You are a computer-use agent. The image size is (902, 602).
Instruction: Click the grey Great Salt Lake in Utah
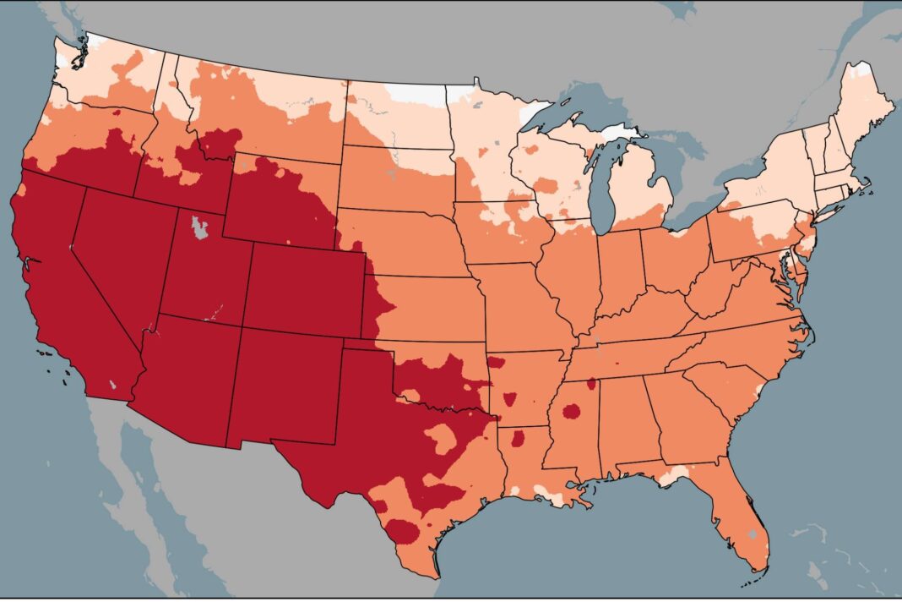point(198,227)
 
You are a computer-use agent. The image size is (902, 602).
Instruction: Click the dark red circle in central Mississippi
point(572,412)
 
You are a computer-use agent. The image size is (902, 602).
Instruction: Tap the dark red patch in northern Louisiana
point(517,438)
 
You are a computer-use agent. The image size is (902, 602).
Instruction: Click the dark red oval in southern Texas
point(403,532)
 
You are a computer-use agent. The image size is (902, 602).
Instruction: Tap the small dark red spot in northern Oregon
point(117,111)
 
